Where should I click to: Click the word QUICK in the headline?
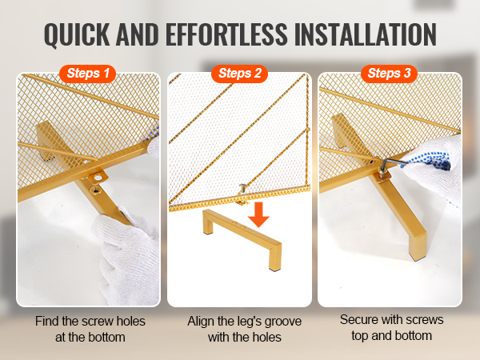click(77, 34)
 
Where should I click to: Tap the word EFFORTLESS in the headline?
click(226, 34)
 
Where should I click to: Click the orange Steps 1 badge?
click(87, 74)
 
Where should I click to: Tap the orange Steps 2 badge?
click(239, 74)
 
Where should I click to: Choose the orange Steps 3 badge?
click(389, 74)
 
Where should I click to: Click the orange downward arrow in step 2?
click(258, 214)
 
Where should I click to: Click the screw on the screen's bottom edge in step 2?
click(242, 188)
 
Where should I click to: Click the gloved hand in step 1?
click(127, 254)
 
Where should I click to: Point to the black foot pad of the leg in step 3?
click(416, 258)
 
